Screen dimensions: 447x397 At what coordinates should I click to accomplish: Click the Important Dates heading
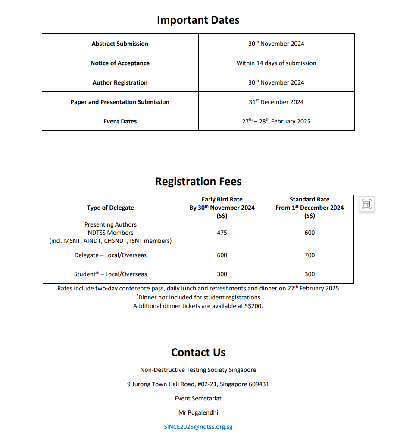(198, 20)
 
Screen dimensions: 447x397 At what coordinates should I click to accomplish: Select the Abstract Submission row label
(120, 44)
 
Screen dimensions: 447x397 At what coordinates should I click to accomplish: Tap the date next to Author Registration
(276, 82)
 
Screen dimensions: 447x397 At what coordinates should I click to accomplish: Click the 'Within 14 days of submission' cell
(276, 63)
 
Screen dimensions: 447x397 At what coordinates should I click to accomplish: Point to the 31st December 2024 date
(276, 102)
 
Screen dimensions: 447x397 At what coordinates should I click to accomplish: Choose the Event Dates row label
(120, 121)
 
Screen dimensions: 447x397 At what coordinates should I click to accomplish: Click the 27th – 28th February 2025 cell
(276, 121)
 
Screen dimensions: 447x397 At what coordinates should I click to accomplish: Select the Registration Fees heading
(198, 182)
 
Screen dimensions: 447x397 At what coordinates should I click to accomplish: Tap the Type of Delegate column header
(110, 208)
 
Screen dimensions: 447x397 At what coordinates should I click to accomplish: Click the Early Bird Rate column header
(222, 208)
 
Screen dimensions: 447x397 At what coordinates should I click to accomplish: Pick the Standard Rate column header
(309, 208)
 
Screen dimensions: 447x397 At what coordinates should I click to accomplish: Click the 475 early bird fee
(222, 233)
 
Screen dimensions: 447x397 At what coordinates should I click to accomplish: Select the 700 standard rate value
(309, 255)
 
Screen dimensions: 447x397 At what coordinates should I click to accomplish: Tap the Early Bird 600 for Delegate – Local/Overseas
(222, 255)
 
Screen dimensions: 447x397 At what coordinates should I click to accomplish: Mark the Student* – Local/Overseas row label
(110, 274)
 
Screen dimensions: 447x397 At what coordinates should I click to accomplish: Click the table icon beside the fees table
(367, 204)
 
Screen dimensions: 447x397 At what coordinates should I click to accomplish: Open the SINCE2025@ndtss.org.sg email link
(198, 427)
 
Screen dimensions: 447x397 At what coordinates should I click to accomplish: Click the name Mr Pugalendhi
(198, 412)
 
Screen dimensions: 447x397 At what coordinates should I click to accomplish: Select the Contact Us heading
(198, 353)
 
